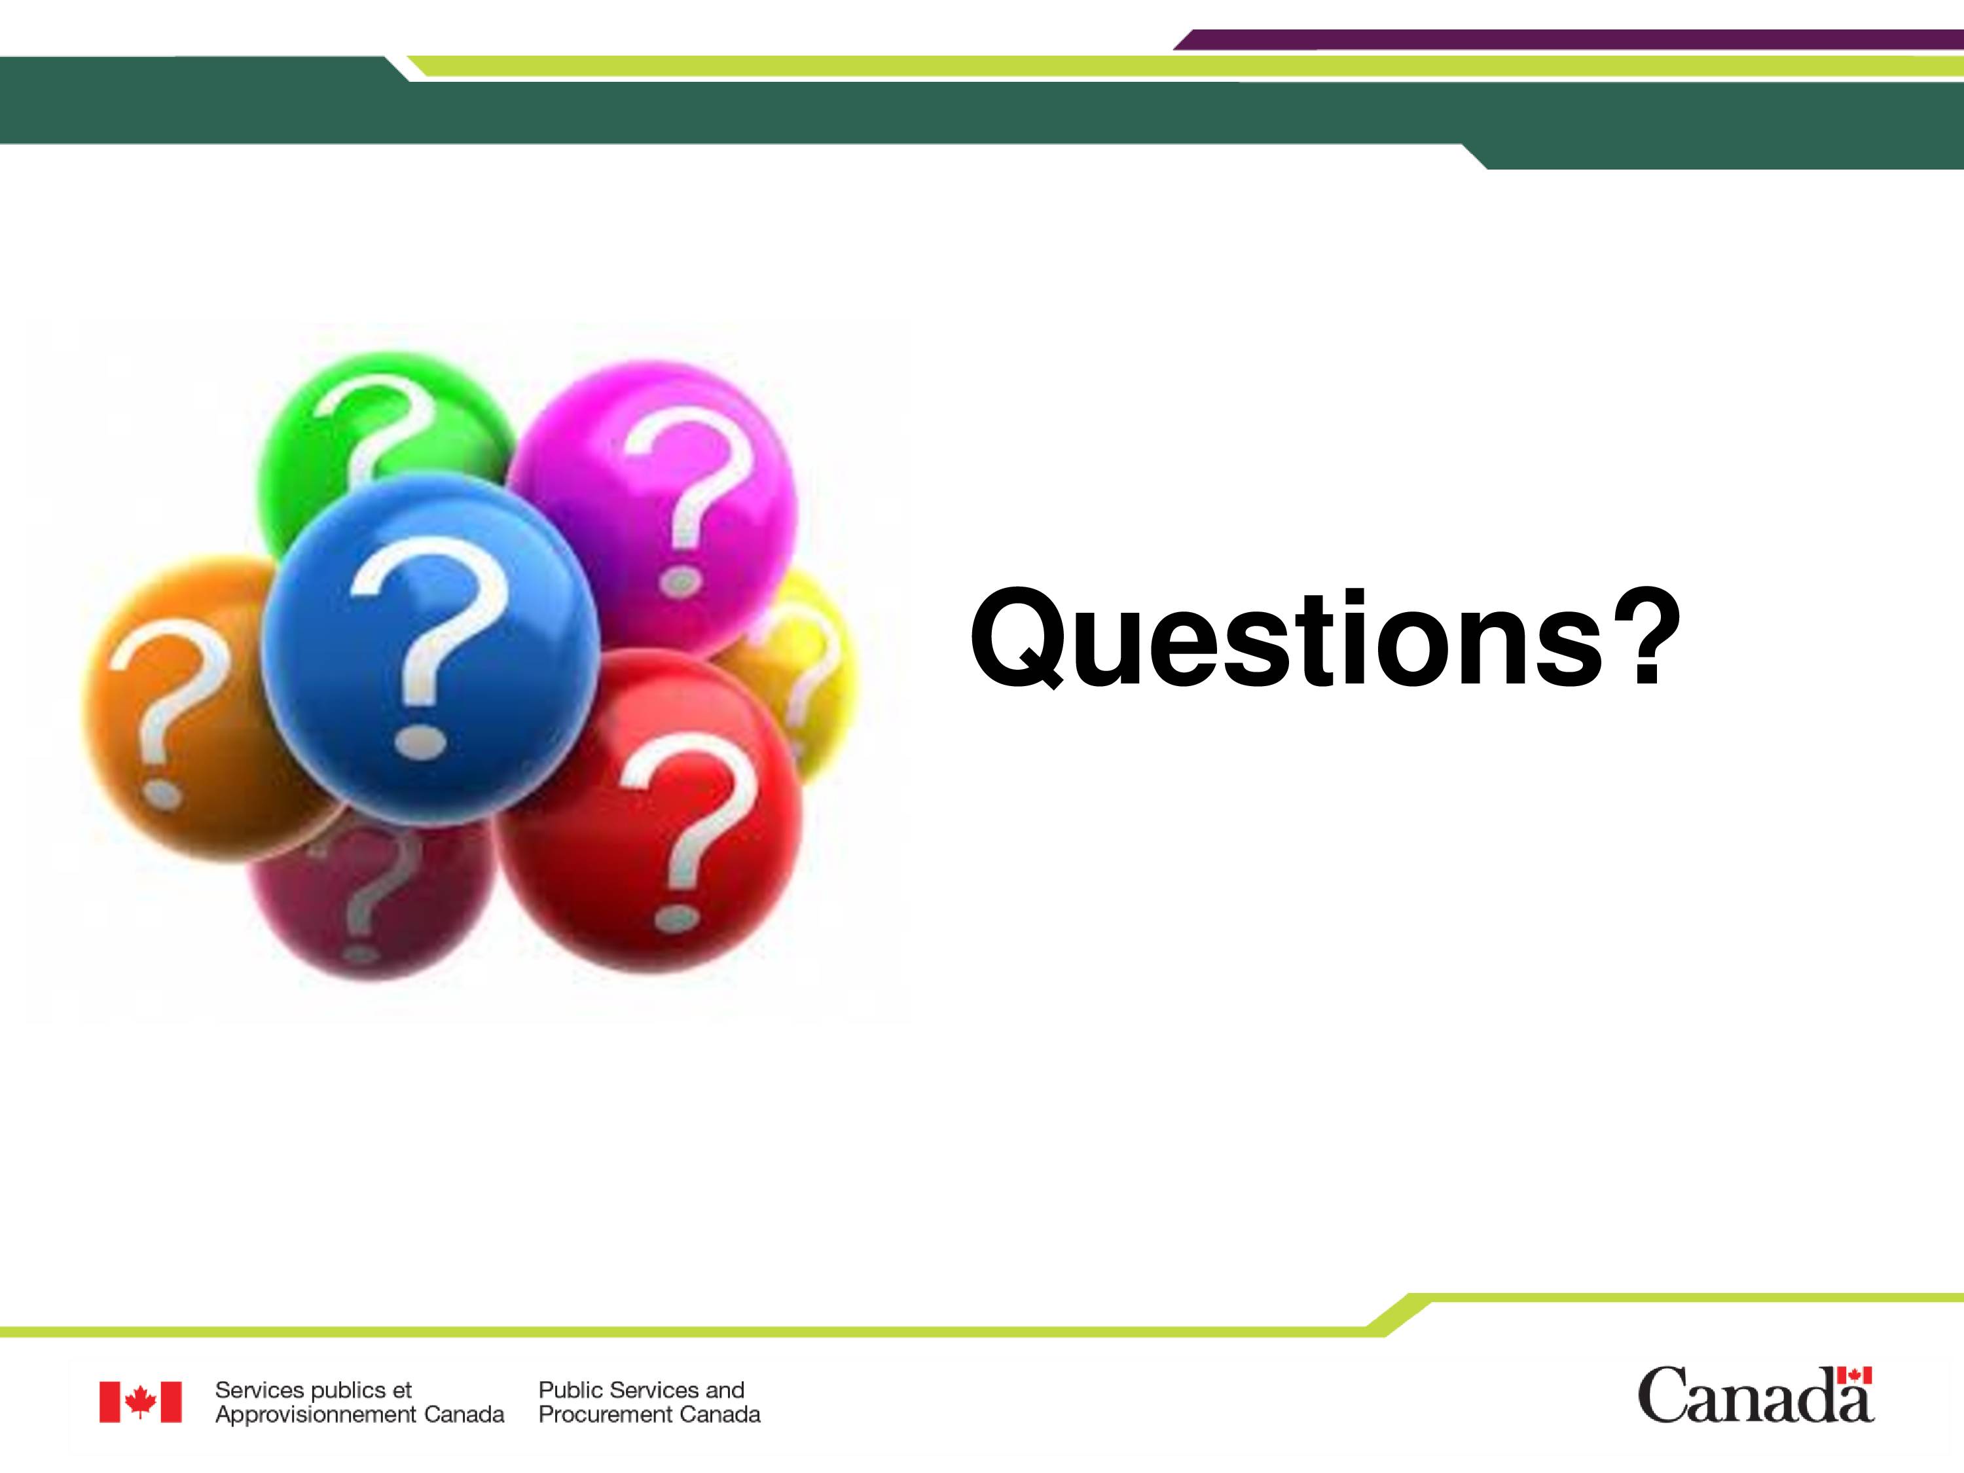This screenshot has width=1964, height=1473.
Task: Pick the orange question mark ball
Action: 177,710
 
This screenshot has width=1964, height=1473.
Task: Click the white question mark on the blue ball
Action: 426,648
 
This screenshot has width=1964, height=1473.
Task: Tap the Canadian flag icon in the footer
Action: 140,1402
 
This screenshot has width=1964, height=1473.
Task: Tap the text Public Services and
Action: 641,1390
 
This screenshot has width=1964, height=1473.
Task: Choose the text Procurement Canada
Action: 649,1414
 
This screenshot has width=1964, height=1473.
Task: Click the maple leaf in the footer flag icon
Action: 140,1402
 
